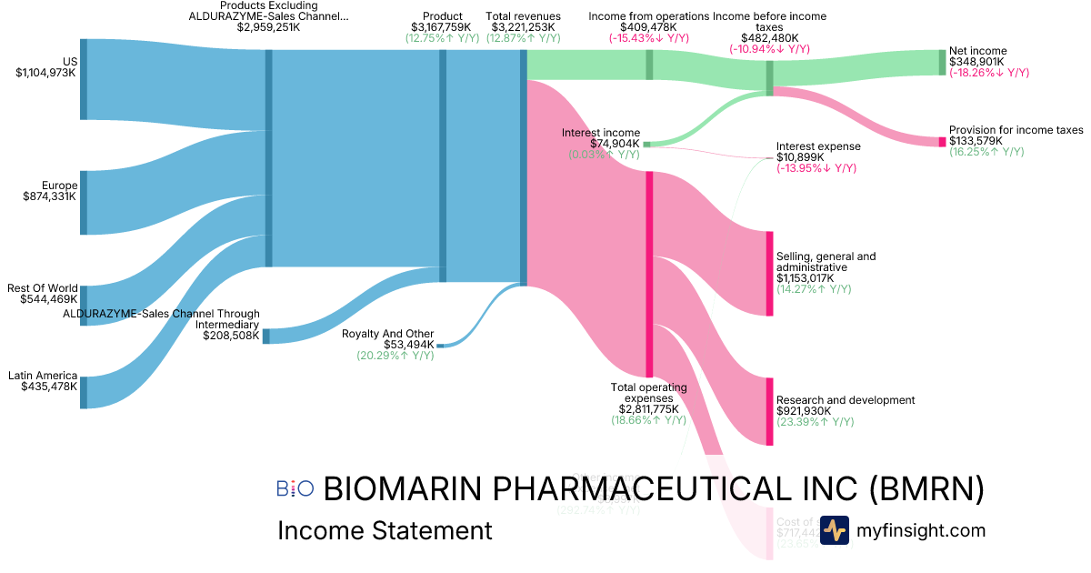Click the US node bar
pos(84,79)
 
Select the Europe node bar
pos(84,202)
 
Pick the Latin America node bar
pos(84,392)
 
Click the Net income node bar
pos(942,62)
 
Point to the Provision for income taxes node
pos(942,142)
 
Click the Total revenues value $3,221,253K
pos(523,27)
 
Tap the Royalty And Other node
pos(440,346)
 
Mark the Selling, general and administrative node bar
pos(769,274)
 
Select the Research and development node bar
pos(769,411)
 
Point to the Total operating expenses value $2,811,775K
pos(648,409)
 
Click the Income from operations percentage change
pos(648,38)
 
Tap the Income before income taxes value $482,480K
pos(769,38)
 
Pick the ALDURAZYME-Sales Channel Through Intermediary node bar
pos(266,336)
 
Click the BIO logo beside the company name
pos(295,488)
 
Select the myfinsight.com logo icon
pos(834,530)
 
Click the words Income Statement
pos(385,530)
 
